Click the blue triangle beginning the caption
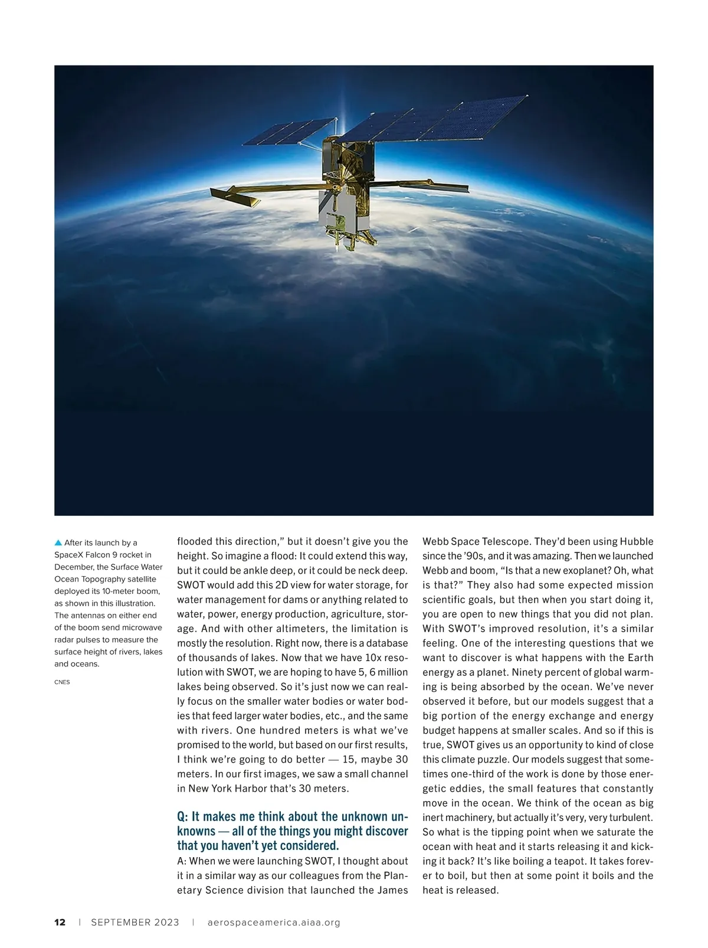(x=58, y=542)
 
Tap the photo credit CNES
(x=62, y=682)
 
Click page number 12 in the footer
(x=60, y=923)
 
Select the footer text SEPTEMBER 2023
(x=135, y=923)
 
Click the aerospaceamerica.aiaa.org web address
(x=274, y=923)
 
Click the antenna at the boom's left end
(x=236, y=197)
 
